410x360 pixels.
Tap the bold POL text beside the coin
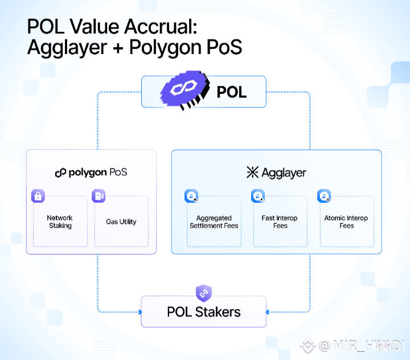[232, 92]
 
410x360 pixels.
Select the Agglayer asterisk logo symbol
[252, 173]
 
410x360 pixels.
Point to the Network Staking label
[60, 222]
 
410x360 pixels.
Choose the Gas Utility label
[121, 222]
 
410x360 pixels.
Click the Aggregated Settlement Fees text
[214, 222]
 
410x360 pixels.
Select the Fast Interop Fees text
[280, 222]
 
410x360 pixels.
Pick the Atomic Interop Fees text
[346, 222]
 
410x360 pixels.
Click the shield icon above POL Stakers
[203, 293]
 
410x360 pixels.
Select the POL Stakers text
[203, 312]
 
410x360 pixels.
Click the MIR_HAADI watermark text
[362, 345]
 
